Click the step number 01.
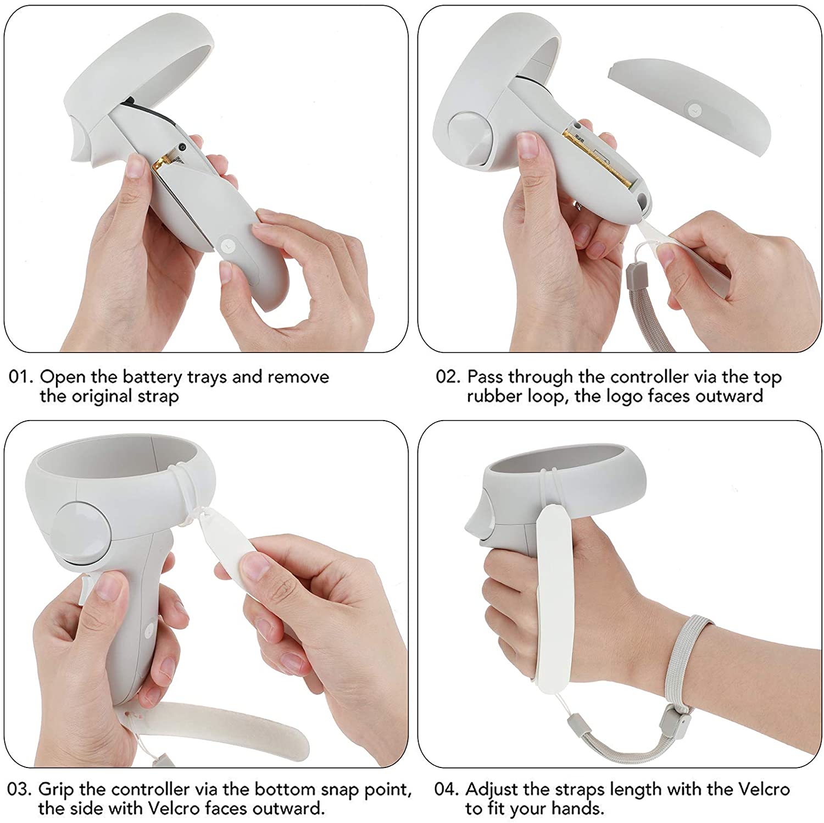[x=20, y=378]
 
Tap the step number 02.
[x=447, y=378]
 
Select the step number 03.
[x=19, y=789]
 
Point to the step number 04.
[x=446, y=789]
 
